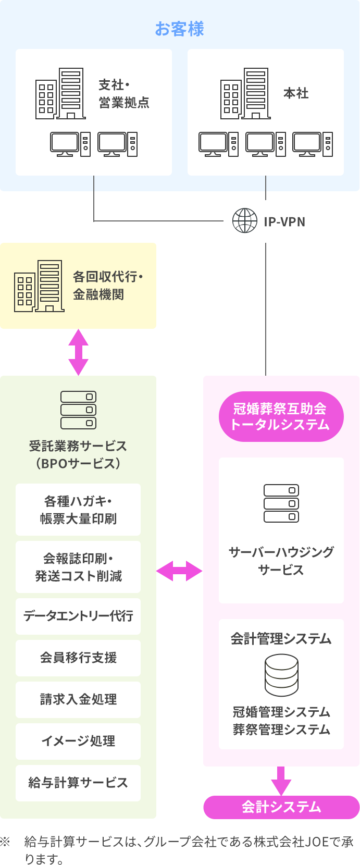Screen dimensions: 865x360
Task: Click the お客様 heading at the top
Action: point(179,29)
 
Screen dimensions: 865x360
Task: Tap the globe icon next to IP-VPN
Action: point(244,221)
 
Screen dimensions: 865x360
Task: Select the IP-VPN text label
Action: point(284,221)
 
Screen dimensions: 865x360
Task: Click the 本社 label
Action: point(296,93)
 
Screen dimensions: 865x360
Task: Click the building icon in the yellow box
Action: point(39,286)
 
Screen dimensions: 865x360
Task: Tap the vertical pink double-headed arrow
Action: point(78,352)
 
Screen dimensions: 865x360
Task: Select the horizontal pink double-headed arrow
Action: point(179,571)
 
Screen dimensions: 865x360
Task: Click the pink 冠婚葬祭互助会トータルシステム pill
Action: point(281,416)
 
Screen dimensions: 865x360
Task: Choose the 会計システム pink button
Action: point(281,807)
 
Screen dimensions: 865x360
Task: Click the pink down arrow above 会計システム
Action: point(281,781)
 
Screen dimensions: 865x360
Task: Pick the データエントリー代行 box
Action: point(78,616)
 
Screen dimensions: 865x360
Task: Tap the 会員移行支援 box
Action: point(78,658)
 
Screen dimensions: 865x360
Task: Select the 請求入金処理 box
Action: point(78,699)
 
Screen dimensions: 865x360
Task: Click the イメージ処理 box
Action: point(78,741)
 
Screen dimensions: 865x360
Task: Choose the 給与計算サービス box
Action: point(78,783)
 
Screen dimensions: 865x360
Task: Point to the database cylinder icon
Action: point(281,675)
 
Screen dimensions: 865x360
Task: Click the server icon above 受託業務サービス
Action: point(78,410)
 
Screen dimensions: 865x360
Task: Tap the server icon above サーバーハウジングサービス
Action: point(281,503)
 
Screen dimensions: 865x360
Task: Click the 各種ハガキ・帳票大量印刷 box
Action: point(78,510)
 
